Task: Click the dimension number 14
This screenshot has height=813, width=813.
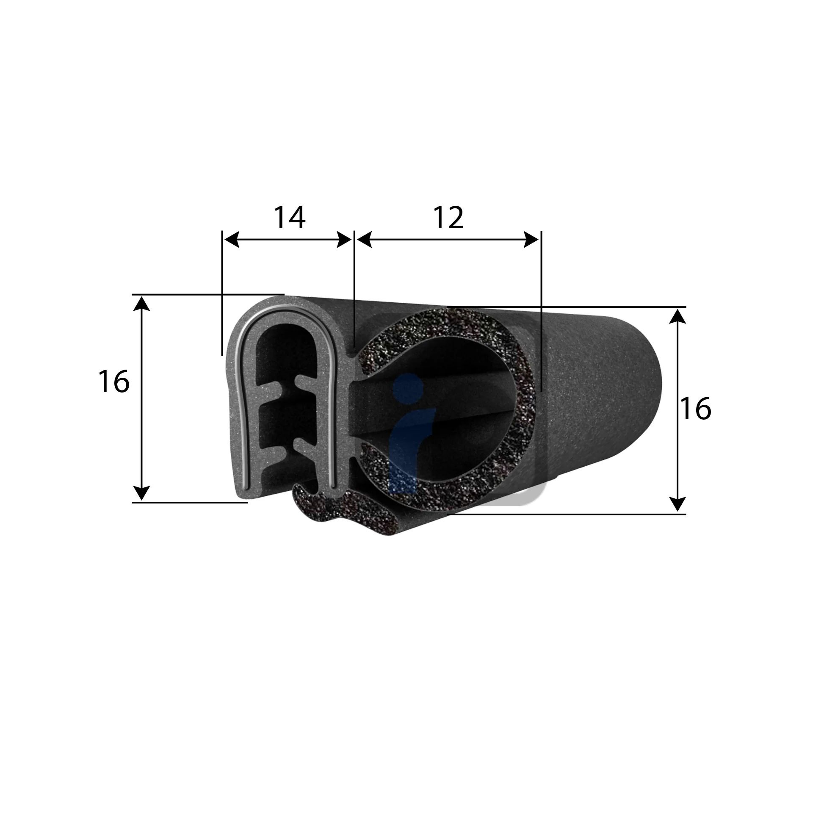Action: [x=290, y=218]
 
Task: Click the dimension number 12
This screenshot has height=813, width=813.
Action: [x=448, y=218]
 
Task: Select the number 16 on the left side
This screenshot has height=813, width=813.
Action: [x=113, y=381]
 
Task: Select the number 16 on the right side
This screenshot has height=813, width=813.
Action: [x=695, y=409]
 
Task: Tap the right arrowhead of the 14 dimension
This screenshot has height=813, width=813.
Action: [x=344, y=240]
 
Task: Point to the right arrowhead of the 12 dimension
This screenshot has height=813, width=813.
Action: [x=531, y=240]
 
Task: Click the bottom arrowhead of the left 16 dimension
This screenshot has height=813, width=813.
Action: [x=142, y=493]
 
